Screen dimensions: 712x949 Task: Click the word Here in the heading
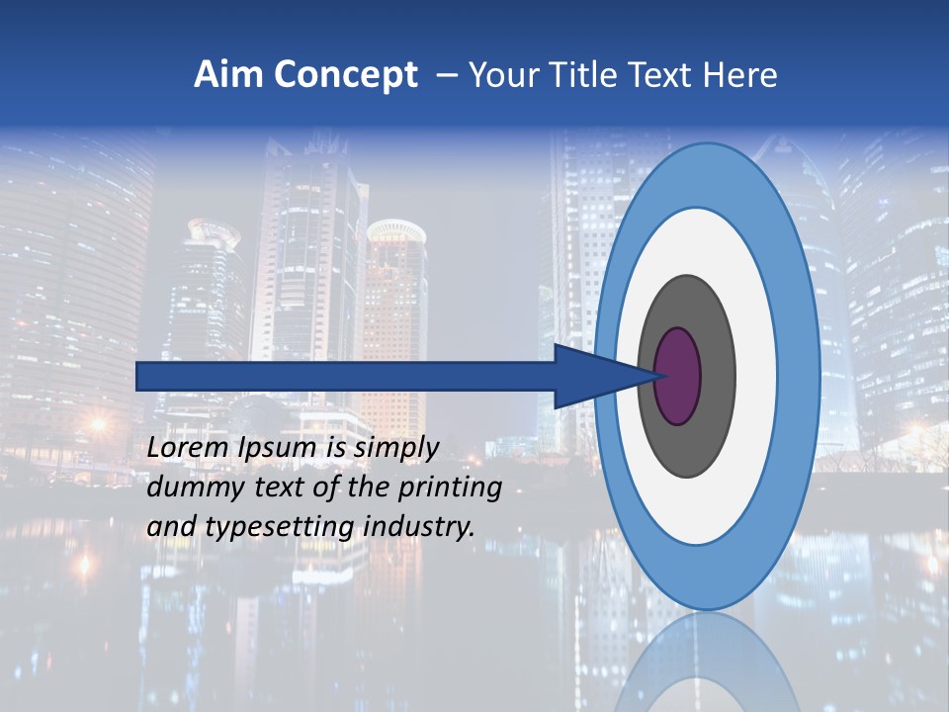[741, 75]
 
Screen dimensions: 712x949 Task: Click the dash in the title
[447, 75]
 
